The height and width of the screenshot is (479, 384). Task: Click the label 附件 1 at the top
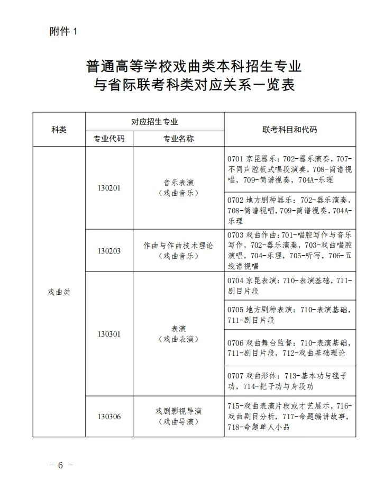[x=62, y=32]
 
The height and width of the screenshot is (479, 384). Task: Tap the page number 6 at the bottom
[x=60, y=465]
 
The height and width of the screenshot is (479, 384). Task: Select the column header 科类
[x=59, y=130]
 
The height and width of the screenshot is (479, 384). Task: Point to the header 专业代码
[x=109, y=139]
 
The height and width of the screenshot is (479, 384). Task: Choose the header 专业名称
[x=178, y=139]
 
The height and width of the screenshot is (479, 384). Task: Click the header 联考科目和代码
[x=290, y=130]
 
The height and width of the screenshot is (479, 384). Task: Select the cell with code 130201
[x=109, y=188]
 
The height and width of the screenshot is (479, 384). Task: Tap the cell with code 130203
[x=109, y=251]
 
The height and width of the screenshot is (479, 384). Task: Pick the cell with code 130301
[x=109, y=334]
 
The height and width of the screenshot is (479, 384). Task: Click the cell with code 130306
[x=109, y=416]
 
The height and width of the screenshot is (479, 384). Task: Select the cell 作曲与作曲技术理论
[x=178, y=246]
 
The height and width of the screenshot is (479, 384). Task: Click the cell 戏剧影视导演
[x=178, y=411]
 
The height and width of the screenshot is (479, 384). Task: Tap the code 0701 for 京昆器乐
[x=235, y=159]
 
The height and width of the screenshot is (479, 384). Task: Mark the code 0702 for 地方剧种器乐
[x=235, y=200]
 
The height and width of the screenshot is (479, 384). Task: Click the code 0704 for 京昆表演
[x=235, y=279]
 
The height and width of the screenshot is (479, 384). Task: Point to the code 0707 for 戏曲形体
[x=235, y=375]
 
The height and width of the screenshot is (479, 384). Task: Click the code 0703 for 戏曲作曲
[x=235, y=235]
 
